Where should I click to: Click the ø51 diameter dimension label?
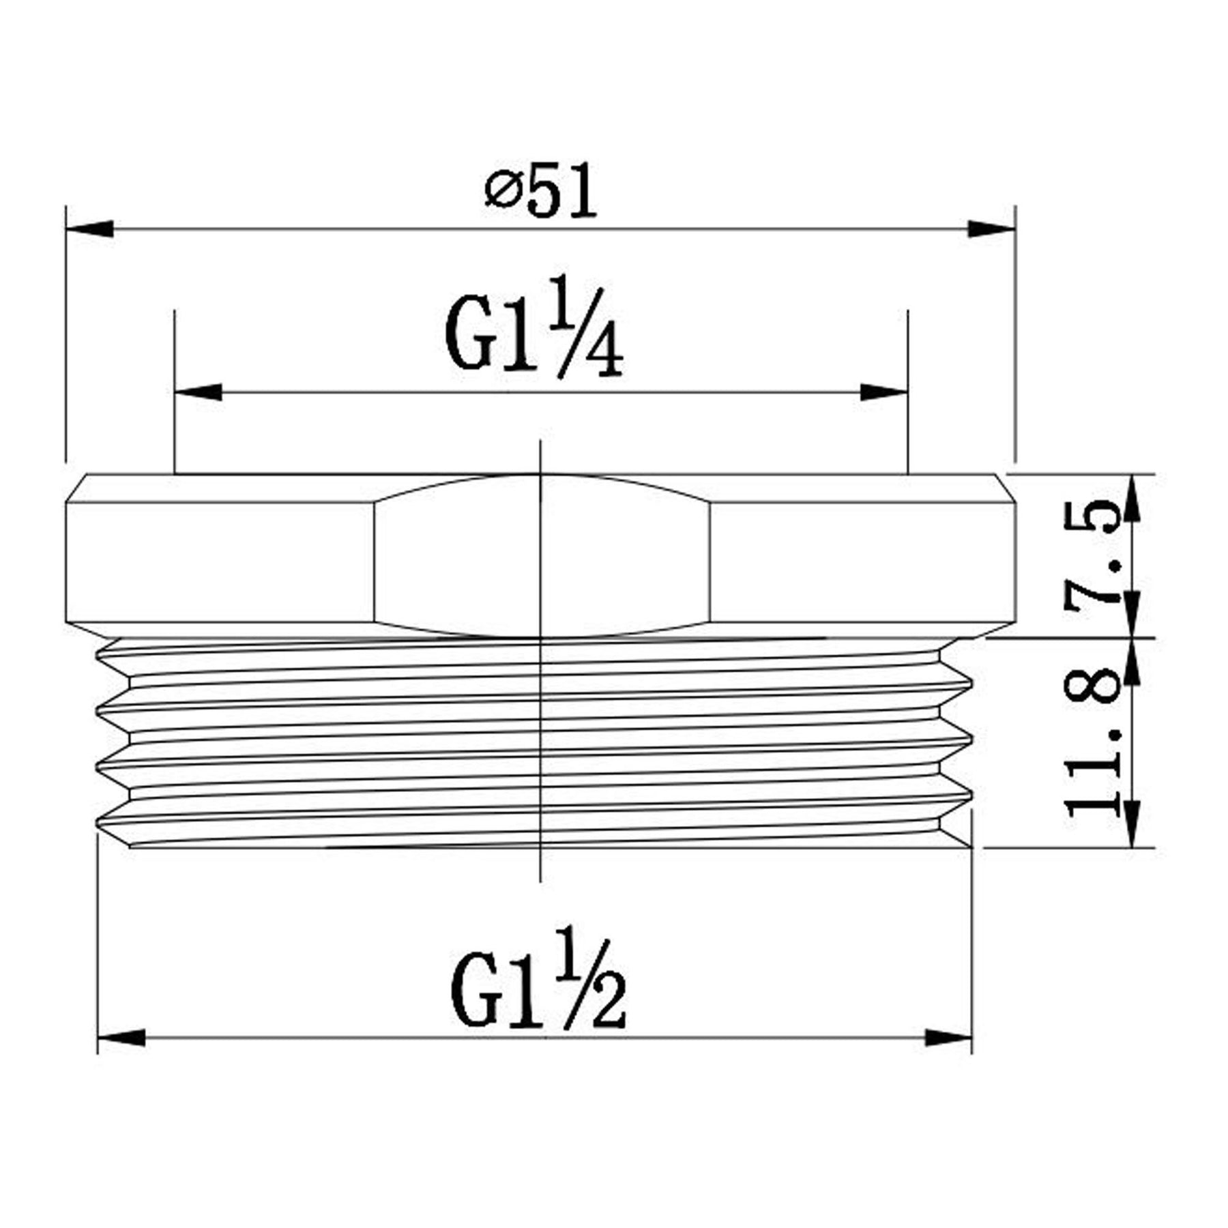point(541,190)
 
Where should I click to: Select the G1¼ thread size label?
point(534,325)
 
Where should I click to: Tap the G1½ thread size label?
point(538,979)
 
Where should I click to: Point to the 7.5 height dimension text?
point(1091,552)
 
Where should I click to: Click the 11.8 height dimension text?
point(1091,744)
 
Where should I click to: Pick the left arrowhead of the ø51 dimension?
point(89,229)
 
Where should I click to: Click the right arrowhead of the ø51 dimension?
point(992,229)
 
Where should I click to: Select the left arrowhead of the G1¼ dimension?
point(199,392)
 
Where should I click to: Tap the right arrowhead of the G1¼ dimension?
point(884,392)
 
